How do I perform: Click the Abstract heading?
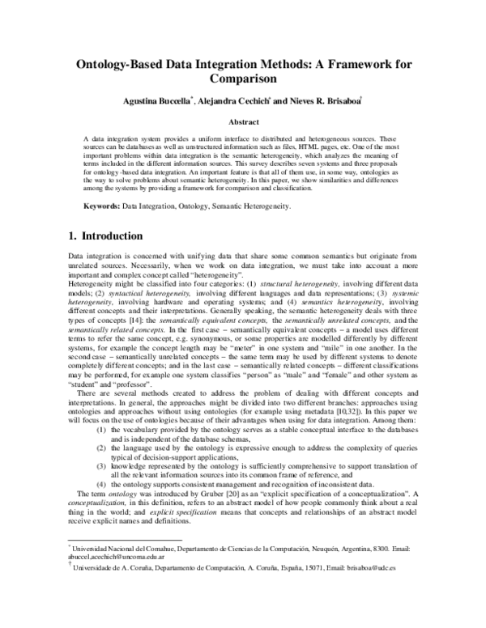pyautogui.click(x=244, y=121)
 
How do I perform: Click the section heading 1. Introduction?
pyautogui.click(x=104, y=236)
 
